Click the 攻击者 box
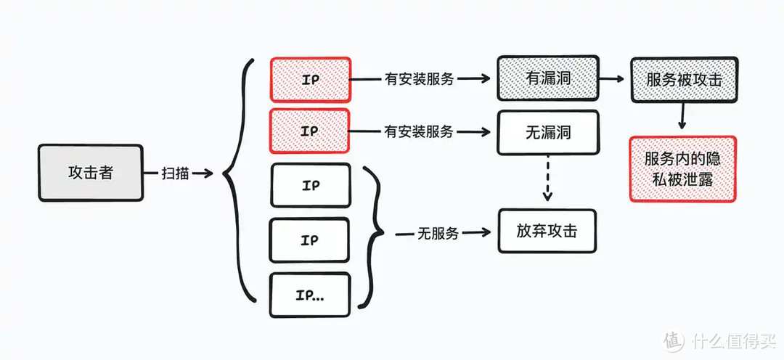[x=91, y=173]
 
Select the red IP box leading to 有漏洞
[x=310, y=79]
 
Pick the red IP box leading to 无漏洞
[x=310, y=131]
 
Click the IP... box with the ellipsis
[x=310, y=295]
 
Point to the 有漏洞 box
[x=547, y=79]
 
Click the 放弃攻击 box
[x=547, y=232]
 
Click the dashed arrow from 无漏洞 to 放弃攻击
[x=547, y=178]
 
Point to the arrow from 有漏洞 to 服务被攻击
[x=613, y=79]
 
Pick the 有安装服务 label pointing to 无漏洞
[x=419, y=131]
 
